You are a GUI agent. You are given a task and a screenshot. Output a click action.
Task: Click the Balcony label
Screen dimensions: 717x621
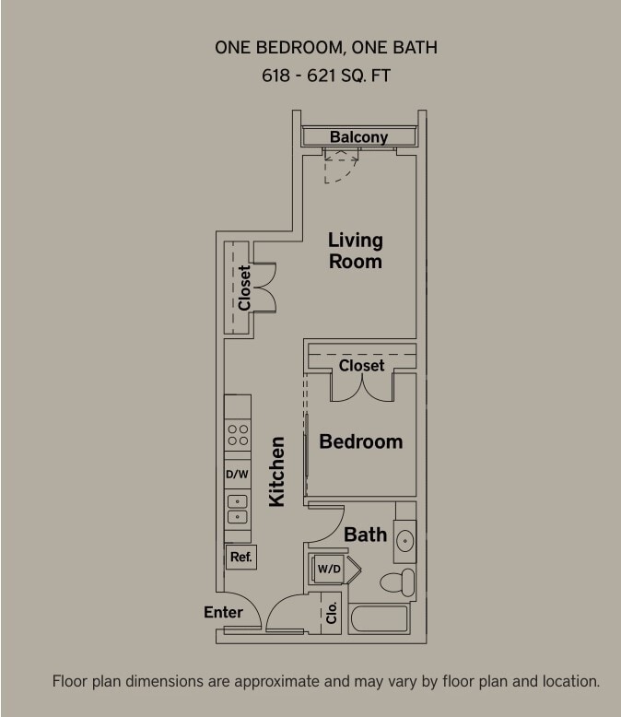(358, 137)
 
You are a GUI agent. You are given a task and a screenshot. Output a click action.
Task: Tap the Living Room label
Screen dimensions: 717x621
(355, 251)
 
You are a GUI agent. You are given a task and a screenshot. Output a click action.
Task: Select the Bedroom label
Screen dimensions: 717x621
(360, 441)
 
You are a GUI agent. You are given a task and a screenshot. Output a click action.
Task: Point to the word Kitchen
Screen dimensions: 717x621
(276, 471)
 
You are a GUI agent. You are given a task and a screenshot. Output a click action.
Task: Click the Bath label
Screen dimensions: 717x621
(365, 535)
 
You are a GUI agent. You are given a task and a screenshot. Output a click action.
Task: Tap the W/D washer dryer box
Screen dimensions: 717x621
(329, 569)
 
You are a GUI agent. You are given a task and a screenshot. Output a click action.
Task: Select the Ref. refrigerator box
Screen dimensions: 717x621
(240, 557)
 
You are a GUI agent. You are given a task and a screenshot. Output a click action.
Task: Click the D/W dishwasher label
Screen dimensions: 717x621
(238, 474)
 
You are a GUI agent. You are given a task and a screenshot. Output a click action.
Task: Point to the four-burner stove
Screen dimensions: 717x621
(238, 435)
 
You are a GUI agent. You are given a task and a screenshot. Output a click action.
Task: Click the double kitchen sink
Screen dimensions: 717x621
(238, 510)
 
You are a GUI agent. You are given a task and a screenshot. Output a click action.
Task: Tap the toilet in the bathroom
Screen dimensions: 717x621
(399, 582)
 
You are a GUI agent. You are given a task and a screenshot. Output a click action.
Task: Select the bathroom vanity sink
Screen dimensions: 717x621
(404, 540)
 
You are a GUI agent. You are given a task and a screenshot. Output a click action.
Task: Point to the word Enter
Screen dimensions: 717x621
(223, 612)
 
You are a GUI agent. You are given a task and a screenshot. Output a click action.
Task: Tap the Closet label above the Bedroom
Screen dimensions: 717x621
(361, 366)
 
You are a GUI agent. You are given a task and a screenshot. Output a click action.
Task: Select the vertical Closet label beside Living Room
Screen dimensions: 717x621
(244, 288)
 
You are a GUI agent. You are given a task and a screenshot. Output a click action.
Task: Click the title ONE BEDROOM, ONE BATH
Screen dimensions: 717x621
(326, 47)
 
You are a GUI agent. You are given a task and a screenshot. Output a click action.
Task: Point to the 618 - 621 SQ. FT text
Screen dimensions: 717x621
(326, 76)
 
